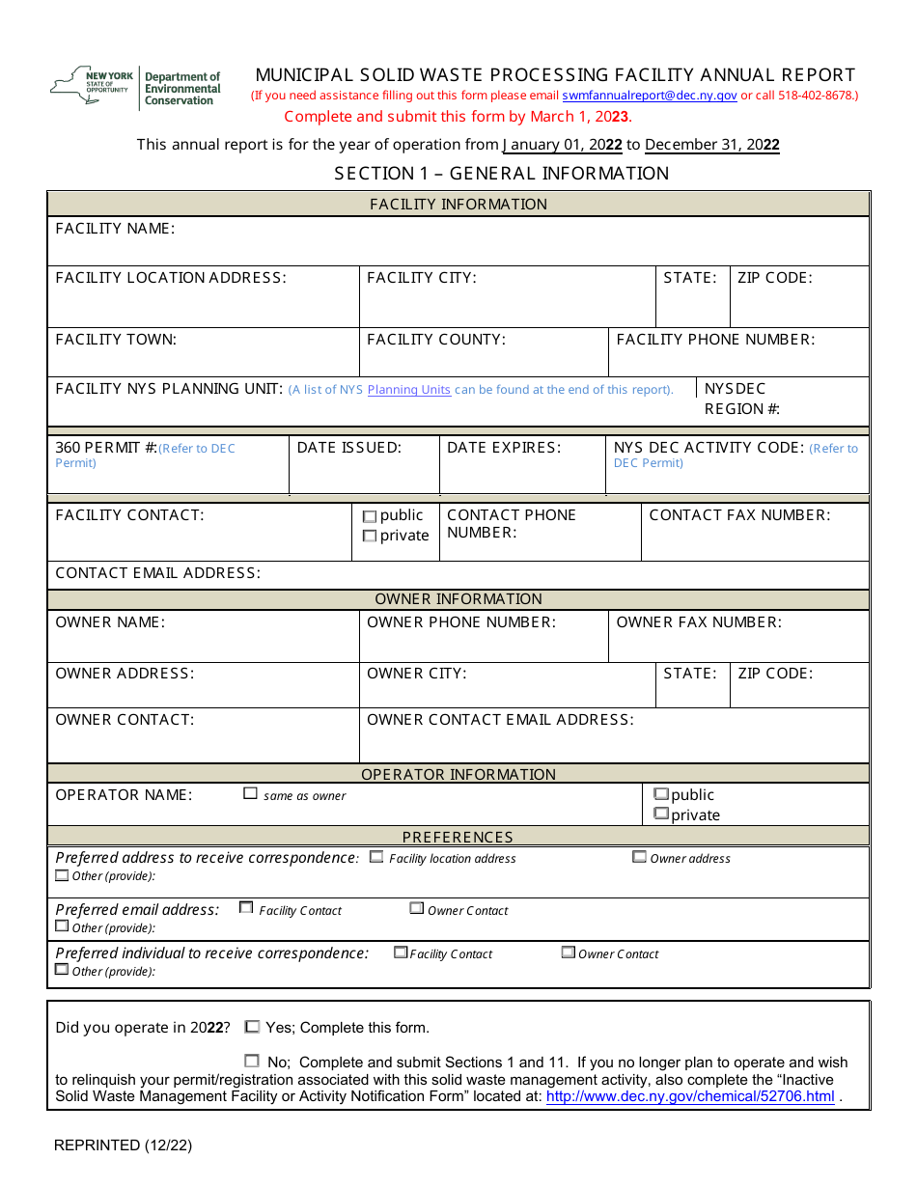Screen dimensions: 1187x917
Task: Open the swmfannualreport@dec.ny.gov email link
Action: [x=649, y=96]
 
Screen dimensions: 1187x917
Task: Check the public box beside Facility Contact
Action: [x=370, y=516]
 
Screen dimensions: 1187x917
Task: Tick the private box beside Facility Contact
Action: [x=370, y=537]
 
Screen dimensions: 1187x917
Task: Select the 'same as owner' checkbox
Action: [x=251, y=794]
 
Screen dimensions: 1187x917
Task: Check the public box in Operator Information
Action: [x=661, y=794]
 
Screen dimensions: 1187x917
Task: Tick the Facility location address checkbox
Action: [x=376, y=857]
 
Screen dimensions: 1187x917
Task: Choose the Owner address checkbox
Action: [x=639, y=857]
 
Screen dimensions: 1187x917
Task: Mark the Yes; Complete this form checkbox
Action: [x=253, y=1027]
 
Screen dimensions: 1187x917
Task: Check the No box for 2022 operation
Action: [x=253, y=1061]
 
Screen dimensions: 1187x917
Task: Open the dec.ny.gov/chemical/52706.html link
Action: [x=690, y=1096]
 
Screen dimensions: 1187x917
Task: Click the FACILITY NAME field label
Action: [x=115, y=229]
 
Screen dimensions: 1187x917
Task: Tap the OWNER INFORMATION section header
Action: [x=458, y=599]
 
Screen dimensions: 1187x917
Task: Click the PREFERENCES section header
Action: [x=458, y=837]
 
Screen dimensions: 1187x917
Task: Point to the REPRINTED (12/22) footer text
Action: [x=124, y=1146]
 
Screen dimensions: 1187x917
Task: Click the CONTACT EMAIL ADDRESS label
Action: [x=158, y=573]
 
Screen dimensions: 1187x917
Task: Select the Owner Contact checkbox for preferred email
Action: [x=417, y=909]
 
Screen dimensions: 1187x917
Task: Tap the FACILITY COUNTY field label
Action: [x=436, y=340]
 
